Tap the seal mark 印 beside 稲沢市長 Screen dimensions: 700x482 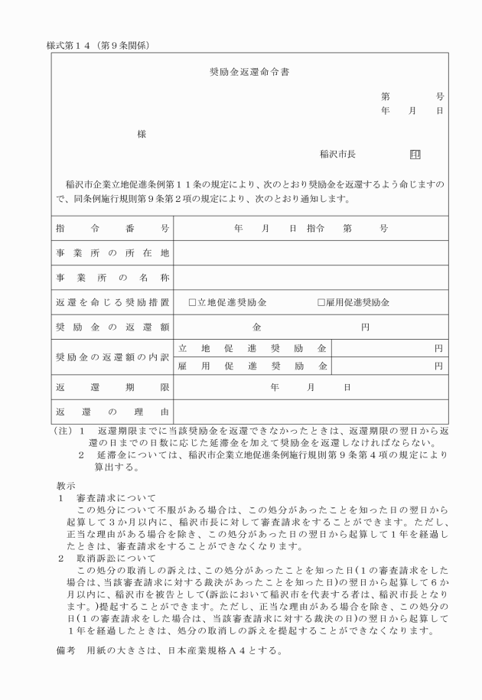tap(415, 154)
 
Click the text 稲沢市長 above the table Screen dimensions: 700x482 tap(337, 154)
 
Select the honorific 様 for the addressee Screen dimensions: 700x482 tap(142, 134)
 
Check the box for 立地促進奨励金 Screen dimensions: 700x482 tap(193, 302)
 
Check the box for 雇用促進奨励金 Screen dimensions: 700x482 tap(322, 302)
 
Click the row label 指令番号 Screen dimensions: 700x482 tap(112, 228)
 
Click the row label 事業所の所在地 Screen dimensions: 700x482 tap(112, 252)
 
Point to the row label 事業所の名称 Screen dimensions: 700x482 tap(112, 277)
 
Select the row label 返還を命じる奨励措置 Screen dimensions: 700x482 tap(112, 302)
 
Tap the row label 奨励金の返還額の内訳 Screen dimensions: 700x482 tap(112, 357)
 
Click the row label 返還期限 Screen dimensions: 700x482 tap(112, 388)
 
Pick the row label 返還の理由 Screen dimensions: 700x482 tap(112, 413)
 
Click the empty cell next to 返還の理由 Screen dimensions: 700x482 tap(311, 413)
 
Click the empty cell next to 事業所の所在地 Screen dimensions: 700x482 tap(311, 252)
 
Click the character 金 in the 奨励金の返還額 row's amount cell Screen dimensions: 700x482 tap(256, 327)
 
